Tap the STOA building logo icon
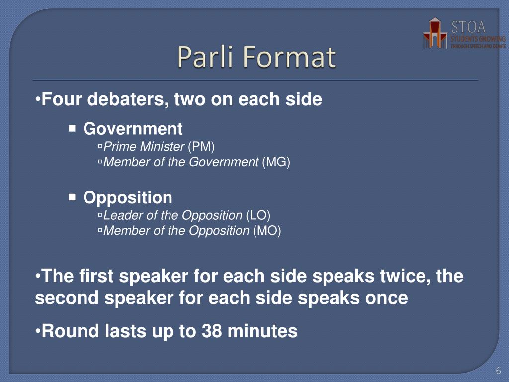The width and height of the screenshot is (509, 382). coord(435,33)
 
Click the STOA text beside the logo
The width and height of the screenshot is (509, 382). coord(469,26)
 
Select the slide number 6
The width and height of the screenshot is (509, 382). coord(498,371)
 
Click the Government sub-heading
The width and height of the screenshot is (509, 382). coord(133,129)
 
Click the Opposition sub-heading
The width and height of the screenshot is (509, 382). coord(128,198)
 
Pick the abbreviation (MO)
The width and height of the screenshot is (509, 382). coord(267,231)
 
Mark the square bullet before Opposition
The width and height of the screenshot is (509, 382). coord(72,198)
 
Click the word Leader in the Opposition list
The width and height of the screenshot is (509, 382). coord(118,215)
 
